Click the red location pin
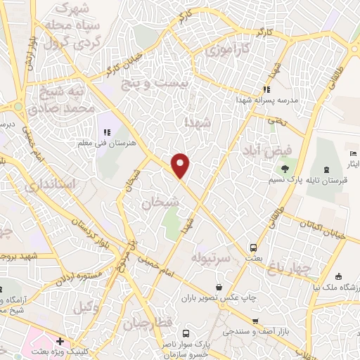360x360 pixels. (x=181, y=165)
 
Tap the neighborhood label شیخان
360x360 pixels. (x=160, y=202)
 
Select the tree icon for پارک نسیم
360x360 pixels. (x=285, y=168)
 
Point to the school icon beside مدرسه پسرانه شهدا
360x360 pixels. (x=266, y=89)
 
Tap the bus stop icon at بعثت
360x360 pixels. (x=252, y=247)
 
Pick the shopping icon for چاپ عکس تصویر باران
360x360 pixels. (x=220, y=287)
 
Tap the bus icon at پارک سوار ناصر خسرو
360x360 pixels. (x=186, y=333)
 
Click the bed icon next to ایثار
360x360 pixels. (x=353, y=153)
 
